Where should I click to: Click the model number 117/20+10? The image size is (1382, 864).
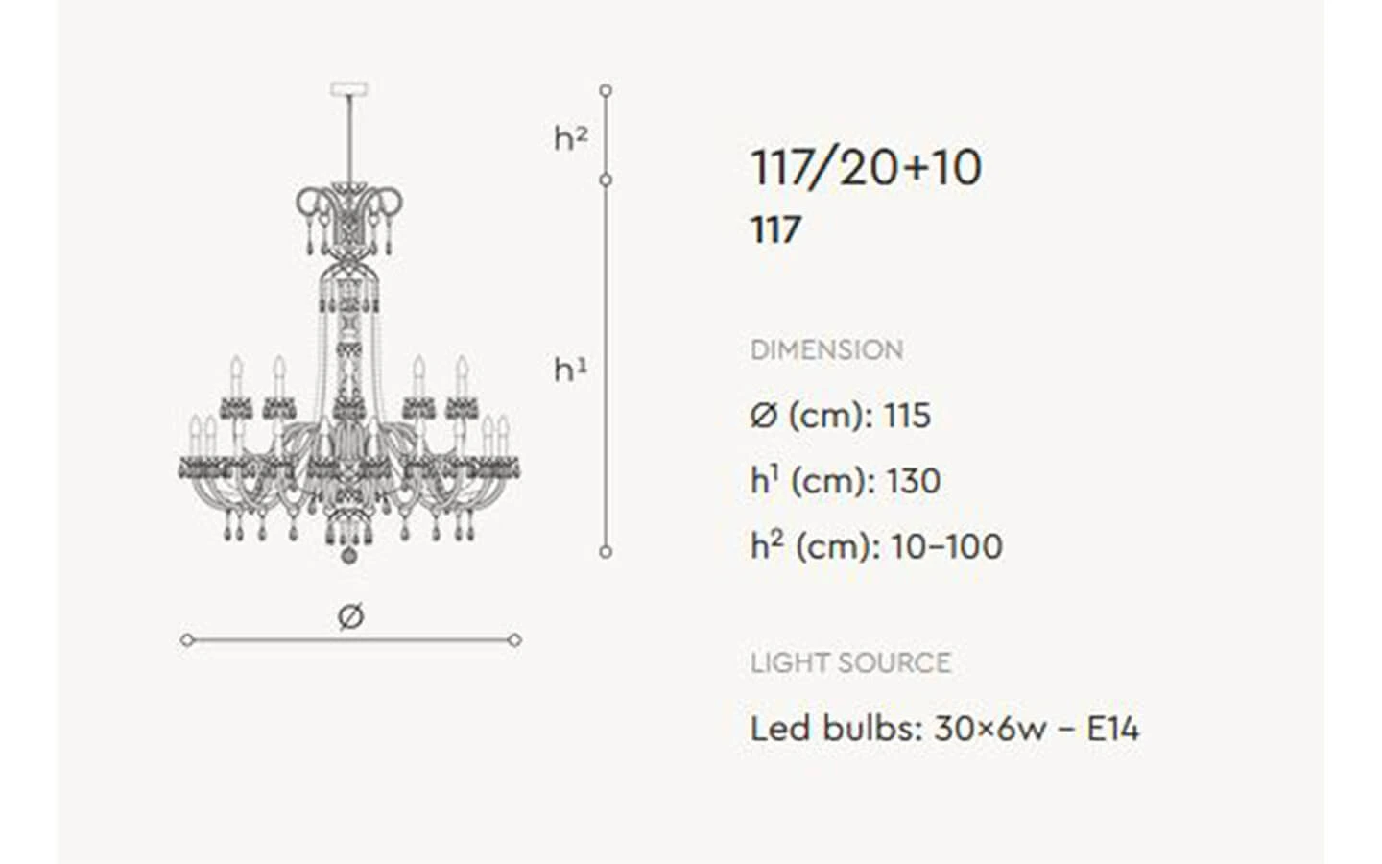coord(866,169)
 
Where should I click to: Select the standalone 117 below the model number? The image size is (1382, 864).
coord(775,229)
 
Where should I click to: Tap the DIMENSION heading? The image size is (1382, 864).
coord(826,349)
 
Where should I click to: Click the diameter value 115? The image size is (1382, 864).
coord(908,416)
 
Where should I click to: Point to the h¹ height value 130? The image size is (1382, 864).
coord(914,481)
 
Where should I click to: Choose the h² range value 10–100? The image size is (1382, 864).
coord(947,547)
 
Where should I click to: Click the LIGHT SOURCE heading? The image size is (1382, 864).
coord(850,662)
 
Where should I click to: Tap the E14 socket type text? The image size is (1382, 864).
coord(1112,729)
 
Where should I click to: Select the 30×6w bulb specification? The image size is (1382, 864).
coord(990,729)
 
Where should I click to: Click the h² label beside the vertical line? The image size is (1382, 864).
coord(571,137)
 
